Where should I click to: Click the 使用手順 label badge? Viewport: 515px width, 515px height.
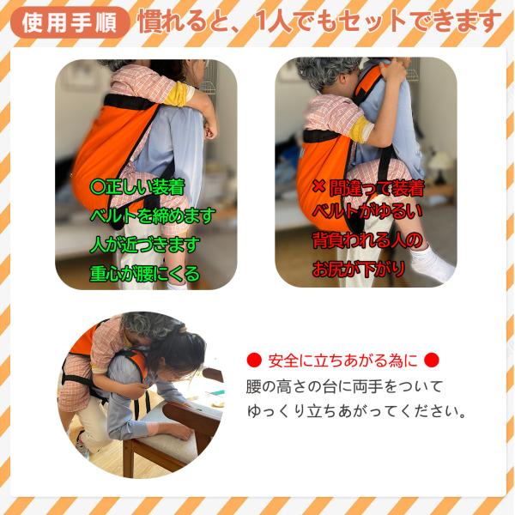(x=70, y=22)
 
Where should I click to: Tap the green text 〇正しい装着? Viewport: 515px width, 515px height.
(x=137, y=187)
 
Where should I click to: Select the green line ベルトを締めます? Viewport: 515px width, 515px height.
(x=153, y=215)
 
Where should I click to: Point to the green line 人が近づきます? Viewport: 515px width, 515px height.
(x=145, y=245)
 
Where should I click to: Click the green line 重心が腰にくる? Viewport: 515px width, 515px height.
(x=145, y=274)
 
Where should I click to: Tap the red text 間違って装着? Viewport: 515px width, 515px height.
(x=377, y=188)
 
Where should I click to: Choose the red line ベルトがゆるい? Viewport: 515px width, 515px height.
(x=367, y=211)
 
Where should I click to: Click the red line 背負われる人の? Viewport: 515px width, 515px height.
(x=367, y=240)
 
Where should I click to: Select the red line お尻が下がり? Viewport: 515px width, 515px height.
(x=358, y=269)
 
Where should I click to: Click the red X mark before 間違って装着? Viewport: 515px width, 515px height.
(x=318, y=186)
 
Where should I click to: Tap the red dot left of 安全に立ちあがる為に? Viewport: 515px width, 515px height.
(x=254, y=360)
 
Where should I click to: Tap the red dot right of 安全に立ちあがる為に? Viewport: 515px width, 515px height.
(x=431, y=360)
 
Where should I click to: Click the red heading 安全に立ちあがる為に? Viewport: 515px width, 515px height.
(x=342, y=360)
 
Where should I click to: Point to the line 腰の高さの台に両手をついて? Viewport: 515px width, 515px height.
(x=344, y=386)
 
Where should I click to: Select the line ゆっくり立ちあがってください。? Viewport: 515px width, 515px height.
(x=356, y=411)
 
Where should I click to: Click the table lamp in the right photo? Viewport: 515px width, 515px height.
(x=439, y=167)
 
